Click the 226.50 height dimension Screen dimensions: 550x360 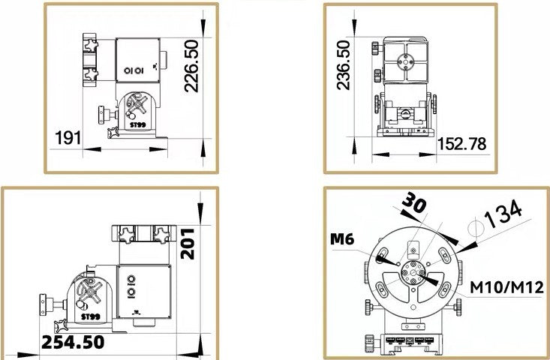click(191, 66)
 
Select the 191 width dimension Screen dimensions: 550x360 click(68, 138)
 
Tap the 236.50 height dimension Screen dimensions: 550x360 click(344, 65)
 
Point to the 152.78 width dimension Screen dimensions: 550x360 click(462, 144)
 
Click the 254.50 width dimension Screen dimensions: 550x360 click(73, 342)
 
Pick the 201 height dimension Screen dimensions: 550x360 click(188, 244)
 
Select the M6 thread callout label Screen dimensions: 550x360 click(342, 239)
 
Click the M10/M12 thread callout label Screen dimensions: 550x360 click(507, 287)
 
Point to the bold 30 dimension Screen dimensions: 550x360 click(414, 202)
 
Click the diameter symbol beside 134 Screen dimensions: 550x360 click(476, 229)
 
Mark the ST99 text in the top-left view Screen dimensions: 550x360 click(137, 124)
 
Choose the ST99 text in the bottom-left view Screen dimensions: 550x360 click(91, 317)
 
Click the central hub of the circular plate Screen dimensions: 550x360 click(413, 272)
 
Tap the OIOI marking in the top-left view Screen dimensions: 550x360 click(134, 70)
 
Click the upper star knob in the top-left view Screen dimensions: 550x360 click(91, 46)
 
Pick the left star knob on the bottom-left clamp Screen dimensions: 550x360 click(126, 235)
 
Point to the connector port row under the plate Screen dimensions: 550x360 click(409, 340)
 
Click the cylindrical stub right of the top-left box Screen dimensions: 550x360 click(164, 60)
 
